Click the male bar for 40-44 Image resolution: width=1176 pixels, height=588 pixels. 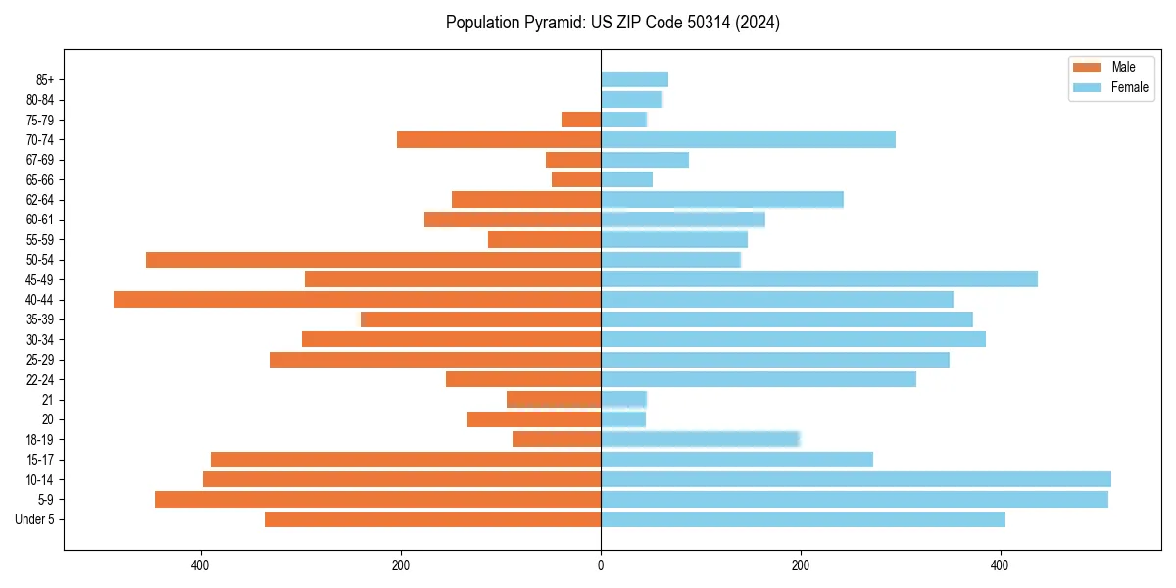(x=357, y=300)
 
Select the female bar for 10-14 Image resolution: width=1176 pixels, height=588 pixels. (x=856, y=479)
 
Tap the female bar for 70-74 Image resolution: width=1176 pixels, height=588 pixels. (x=748, y=140)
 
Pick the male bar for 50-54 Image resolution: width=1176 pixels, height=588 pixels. (x=373, y=260)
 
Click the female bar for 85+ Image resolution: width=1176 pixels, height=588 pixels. (x=634, y=79)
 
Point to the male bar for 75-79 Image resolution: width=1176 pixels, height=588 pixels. (x=581, y=120)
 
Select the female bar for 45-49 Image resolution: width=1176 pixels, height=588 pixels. (x=818, y=279)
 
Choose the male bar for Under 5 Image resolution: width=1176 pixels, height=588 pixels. (x=432, y=519)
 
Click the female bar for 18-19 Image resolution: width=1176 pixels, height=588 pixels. (x=700, y=439)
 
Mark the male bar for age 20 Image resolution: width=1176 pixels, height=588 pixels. (x=534, y=419)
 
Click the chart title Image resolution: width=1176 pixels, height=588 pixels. (x=612, y=23)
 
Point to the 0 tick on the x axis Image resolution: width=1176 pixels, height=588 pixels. (x=601, y=565)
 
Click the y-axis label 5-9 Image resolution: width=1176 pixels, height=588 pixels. (x=45, y=500)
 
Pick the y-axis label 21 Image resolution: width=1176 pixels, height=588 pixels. (x=48, y=400)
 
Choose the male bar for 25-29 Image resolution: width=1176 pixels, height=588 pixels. (x=435, y=360)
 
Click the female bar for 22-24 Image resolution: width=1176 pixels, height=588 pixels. (x=758, y=379)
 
